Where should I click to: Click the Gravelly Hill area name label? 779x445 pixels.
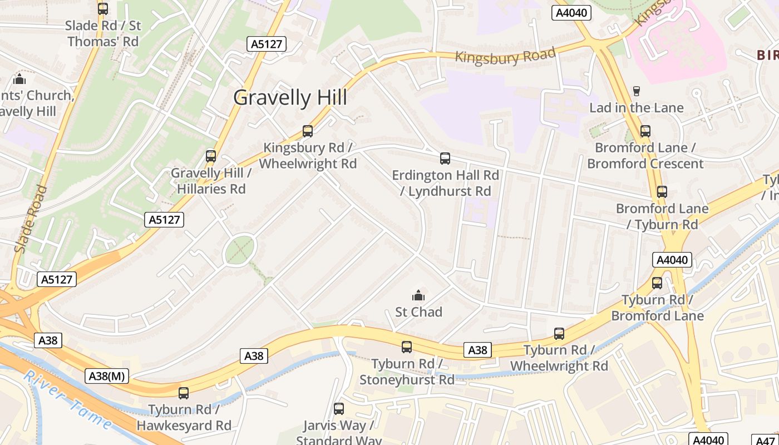pos(290,98)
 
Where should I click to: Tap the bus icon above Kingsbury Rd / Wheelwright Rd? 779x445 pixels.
pos(307,131)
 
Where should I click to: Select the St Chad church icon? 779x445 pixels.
pos(418,295)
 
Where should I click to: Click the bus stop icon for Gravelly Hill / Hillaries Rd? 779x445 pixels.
pos(211,156)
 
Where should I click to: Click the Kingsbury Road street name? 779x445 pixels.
pos(505,56)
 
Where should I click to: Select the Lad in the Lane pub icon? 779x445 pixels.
pos(637,91)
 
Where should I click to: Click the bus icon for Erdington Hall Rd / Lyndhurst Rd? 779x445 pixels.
pos(445,159)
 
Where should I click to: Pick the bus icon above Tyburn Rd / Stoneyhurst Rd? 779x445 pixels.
pos(407,347)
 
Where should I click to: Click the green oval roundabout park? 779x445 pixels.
pos(240,250)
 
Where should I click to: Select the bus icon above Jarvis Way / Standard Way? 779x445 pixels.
pos(338,409)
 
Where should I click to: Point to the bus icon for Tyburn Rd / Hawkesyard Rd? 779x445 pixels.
pos(184,393)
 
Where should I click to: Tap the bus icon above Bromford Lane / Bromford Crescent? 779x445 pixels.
pos(645,131)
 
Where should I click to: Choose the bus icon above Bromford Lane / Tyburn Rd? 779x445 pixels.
pos(662,192)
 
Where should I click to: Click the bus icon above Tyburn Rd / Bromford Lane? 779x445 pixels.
pos(657,283)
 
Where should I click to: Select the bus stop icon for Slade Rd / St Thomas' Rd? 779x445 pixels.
pos(102,9)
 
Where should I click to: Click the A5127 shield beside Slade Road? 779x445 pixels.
pos(57,279)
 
